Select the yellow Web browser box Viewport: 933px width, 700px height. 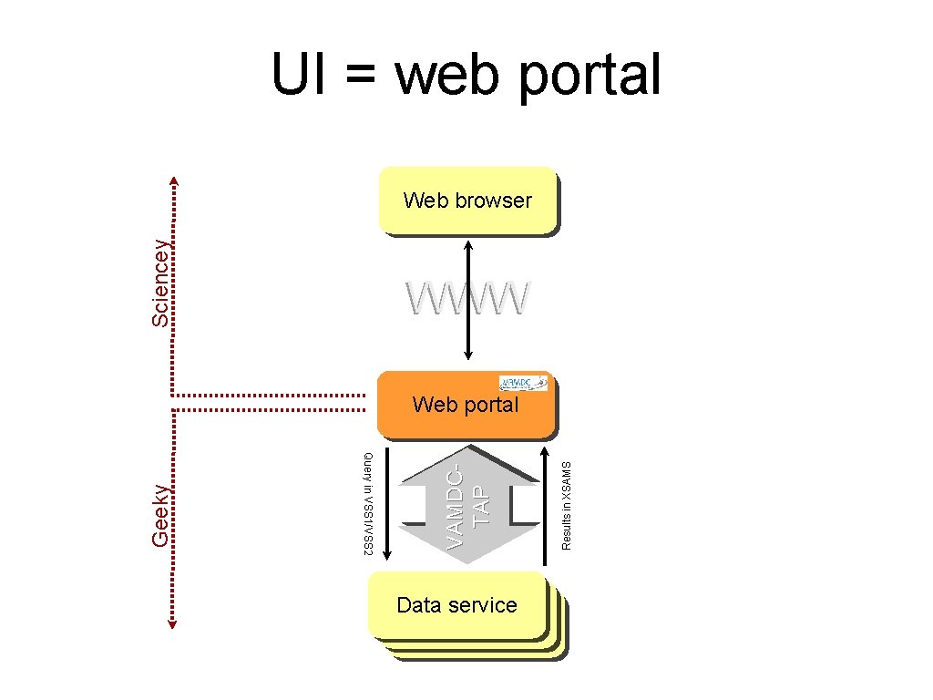coord(467,201)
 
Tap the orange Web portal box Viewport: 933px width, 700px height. coord(465,406)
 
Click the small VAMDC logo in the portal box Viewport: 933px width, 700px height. coord(524,383)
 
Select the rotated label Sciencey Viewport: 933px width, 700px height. coord(160,283)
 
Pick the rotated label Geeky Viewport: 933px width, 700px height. coord(160,515)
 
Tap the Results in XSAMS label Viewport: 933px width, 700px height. coord(567,504)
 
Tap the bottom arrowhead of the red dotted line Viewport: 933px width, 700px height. coord(174,623)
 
